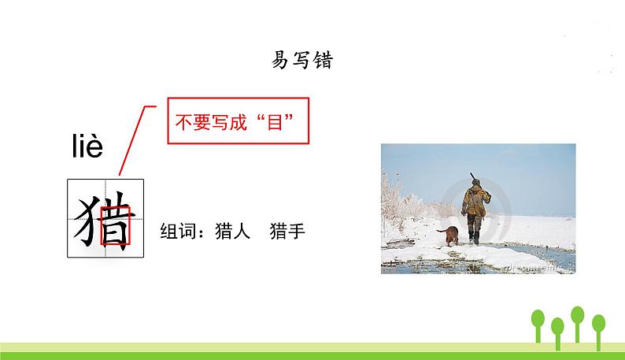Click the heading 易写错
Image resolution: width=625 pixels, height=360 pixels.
[x=301, y=61]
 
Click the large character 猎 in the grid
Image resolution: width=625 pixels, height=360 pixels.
[x=105, y=218]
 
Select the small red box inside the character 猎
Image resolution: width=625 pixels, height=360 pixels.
[x=115, y=225]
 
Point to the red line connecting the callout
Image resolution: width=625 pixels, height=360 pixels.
[x=133, y=137]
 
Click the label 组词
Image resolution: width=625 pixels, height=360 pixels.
[x=178, y=232]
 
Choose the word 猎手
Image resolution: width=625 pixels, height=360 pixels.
[x=287, y=232]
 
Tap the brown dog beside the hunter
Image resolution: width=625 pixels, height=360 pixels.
[x=449, y=236]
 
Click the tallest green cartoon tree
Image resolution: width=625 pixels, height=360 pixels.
[x=577, y=318]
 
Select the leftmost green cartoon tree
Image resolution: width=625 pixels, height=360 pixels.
[x=539, y=323]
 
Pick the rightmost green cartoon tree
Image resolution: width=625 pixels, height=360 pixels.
[x=599, y=325]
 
